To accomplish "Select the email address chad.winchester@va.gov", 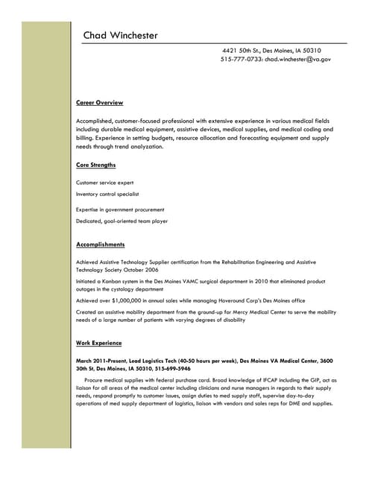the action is tap(297, 59).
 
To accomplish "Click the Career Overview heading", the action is tap(99, 102).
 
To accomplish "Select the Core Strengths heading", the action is tap(95, 165).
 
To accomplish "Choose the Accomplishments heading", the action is tap(100, 244).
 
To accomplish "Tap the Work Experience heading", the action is tap(98, 342).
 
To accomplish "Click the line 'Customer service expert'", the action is tap(105, 182).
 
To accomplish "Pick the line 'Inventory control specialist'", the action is tap(107, 194).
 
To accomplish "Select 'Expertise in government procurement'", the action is tap(120, 209).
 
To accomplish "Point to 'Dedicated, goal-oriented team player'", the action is tap(122, 221).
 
